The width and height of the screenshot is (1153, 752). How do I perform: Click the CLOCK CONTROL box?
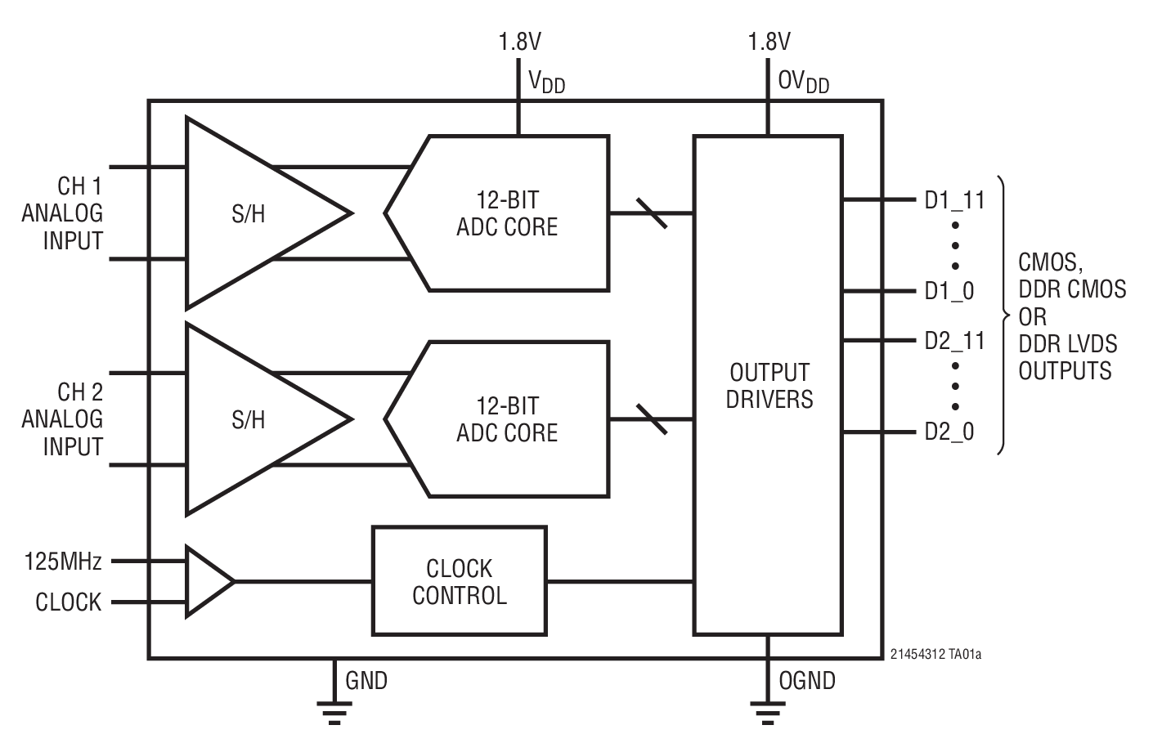459,581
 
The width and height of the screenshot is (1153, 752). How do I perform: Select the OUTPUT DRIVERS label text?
769,386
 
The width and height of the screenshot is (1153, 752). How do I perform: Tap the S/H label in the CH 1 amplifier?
249,214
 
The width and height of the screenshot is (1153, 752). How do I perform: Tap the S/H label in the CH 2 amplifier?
249,420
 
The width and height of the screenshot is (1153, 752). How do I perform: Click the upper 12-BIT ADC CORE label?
507,213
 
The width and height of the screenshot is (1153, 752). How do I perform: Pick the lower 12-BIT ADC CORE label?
507,419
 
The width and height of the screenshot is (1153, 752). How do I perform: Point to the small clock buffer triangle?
207,581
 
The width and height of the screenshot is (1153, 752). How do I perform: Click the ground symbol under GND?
333,712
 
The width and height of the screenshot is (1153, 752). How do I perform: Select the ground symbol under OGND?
766,712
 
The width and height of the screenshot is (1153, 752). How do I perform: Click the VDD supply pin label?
546,82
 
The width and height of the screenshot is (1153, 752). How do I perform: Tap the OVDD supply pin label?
803,82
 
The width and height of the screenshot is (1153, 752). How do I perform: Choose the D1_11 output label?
954,200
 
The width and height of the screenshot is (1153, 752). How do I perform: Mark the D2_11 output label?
954,341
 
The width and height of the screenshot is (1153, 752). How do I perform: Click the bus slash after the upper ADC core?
651,213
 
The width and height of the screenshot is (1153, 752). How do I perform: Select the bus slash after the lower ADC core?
651,419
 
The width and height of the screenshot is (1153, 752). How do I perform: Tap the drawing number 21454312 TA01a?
935,655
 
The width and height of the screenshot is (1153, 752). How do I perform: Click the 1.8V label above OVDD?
769,42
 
